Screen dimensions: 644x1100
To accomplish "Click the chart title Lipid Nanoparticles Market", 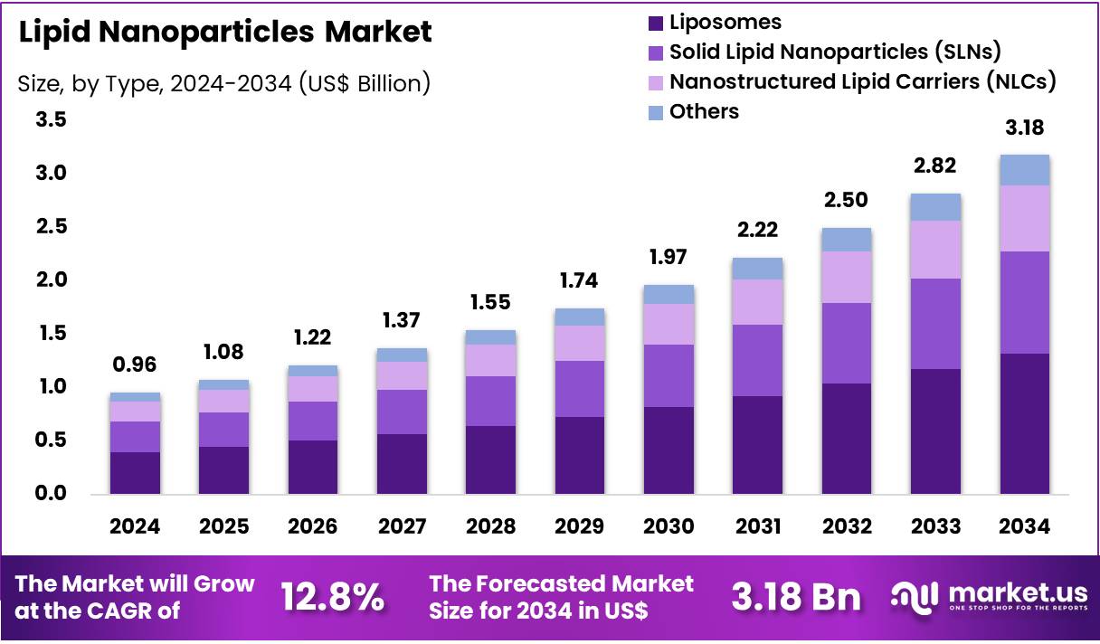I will point(225,32).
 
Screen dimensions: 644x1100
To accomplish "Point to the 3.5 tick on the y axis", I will point(51,119).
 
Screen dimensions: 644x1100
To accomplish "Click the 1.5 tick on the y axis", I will point(51,334).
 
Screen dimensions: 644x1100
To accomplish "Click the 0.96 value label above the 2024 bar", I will point(135,365).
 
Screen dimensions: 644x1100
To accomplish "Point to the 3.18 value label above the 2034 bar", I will point(1024,128).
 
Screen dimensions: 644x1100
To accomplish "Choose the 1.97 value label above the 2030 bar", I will point(669,258).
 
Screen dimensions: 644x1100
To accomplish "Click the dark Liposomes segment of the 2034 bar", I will point(1024,423).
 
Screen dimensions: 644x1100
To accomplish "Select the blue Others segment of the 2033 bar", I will point(935,207).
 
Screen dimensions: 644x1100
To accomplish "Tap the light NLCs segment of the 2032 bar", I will point(847,277).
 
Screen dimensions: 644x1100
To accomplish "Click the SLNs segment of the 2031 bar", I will point(757,360).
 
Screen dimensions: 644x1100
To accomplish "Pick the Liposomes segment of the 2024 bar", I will point(135,472).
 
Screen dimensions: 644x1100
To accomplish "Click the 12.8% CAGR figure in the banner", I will point(332,597).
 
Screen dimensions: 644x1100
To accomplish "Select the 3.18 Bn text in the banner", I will point(796,597).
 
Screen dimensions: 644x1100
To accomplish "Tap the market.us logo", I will point(990,597).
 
